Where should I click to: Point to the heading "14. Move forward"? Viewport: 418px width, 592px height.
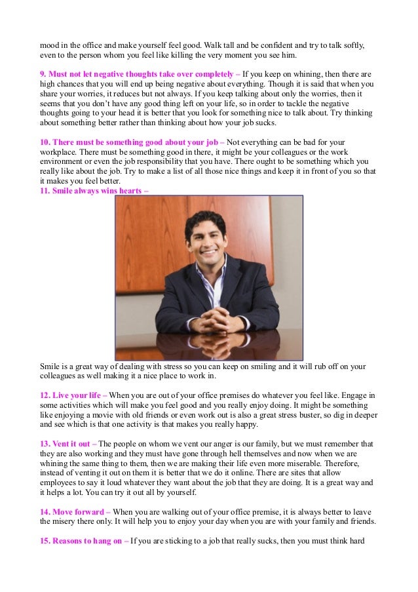click(71, 511)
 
